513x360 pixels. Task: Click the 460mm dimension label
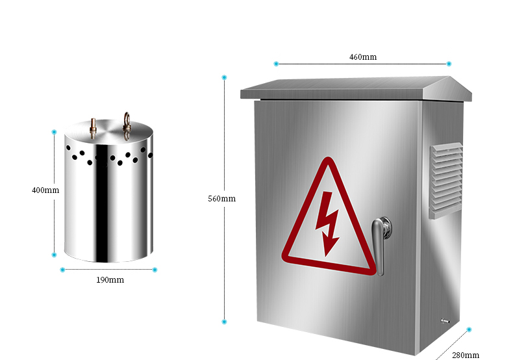point(363,57)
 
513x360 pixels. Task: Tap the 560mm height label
point(222,199)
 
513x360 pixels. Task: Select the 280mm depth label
point(466,355)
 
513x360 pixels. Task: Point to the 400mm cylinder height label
point(45,190)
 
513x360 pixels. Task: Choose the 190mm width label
point(110,280)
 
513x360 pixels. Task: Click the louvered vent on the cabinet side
point(446,180)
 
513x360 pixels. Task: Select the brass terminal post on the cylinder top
point(94,127)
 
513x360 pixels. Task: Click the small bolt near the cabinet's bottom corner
point(445,321)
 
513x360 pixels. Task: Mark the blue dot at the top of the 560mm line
point(224,77)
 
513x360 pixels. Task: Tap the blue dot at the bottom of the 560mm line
point(224,322)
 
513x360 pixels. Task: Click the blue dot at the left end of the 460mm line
point(276,64)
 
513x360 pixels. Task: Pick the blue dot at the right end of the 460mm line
point(449,64)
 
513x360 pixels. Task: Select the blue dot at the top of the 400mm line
point(54,132)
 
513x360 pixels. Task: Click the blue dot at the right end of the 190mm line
point(155,270)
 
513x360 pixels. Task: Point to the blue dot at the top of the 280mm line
point(469,329)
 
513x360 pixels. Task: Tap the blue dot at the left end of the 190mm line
point(62,270)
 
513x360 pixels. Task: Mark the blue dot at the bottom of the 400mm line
point(54,255)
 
